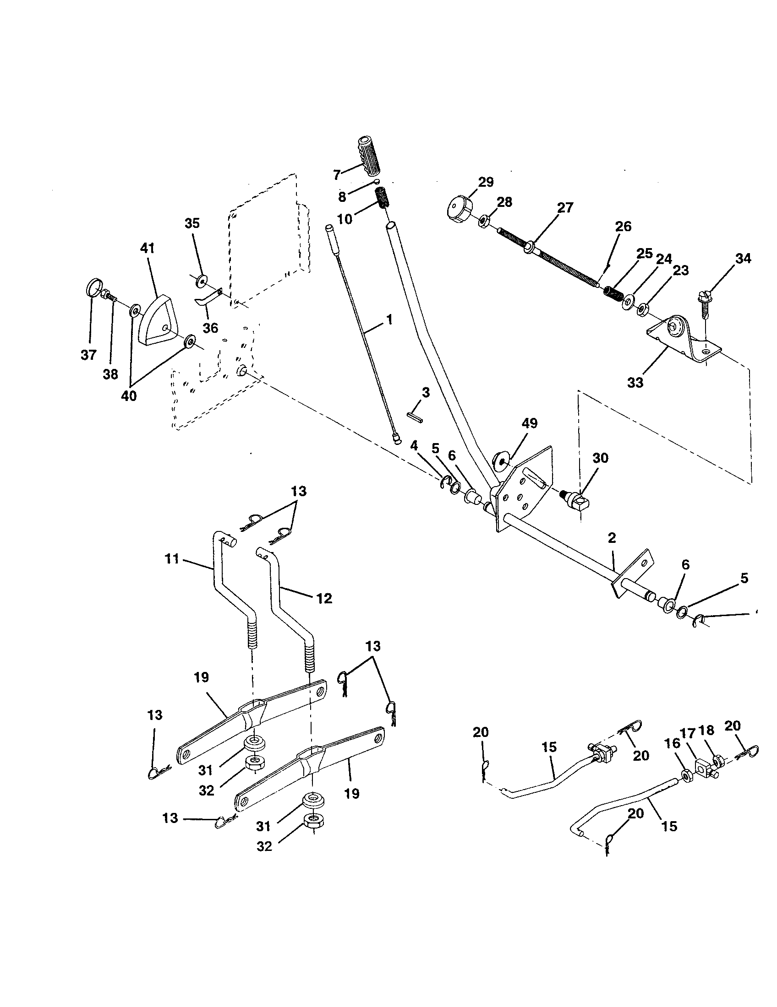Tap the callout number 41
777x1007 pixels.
click(148, 249)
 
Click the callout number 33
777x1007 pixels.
click(635, 383)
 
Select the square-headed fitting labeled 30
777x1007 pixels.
click(579, 499)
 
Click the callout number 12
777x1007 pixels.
click(324, 599)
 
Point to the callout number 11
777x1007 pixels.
click(172, 560)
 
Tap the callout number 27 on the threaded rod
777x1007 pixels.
click(565, 208)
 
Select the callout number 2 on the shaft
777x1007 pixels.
click(612, 538)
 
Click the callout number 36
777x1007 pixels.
click(210, 328)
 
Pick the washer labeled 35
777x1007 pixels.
click(202, 280)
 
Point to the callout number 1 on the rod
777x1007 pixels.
click(390, 319)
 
